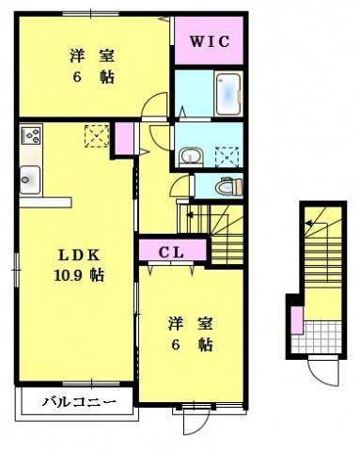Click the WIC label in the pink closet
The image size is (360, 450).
211,41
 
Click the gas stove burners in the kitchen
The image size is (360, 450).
31,136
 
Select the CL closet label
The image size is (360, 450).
171,252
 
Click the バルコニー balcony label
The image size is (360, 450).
79,404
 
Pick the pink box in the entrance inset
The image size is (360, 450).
296,318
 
